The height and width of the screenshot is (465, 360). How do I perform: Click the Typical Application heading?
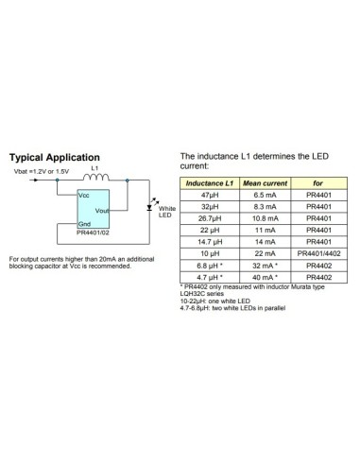[54, 157]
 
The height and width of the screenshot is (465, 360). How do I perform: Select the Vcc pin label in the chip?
[84, 193]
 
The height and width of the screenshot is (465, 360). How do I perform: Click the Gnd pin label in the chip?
[84, 225]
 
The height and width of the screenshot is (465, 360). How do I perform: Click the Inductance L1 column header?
[209, 181]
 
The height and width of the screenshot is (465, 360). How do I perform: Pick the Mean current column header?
[265, 181]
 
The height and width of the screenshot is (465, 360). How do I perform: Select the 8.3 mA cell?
[265, 205]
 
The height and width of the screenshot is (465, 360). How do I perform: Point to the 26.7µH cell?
[209, 217]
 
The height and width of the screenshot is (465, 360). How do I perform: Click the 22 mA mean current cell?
[265, 253]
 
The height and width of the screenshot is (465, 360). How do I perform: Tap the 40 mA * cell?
[265, 278]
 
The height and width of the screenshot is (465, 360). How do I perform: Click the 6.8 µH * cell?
[209, 266]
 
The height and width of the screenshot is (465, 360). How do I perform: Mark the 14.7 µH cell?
[209, 242]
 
